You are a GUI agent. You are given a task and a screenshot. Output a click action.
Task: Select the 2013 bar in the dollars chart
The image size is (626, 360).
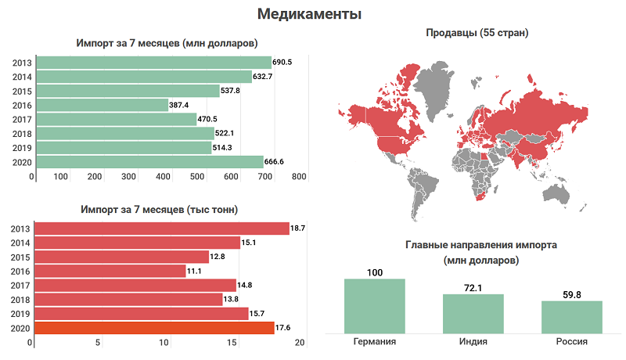(x=153, y=62)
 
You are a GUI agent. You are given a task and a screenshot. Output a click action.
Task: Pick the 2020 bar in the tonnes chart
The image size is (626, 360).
(x=152, y=328)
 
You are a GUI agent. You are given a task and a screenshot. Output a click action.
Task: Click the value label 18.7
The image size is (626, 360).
(x=297, y=229)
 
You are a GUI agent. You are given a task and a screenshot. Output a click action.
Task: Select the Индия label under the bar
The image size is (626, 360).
(x=473, y=342)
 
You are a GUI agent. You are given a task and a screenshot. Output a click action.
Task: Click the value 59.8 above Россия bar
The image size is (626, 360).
(x=572, y=294)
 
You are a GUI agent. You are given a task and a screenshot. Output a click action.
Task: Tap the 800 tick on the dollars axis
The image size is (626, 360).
(x=299, y=177)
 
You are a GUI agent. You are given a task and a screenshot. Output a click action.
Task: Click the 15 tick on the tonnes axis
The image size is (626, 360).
(x=232, y=343)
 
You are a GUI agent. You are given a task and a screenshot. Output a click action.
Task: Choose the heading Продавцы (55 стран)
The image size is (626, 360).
(x=477, y=33)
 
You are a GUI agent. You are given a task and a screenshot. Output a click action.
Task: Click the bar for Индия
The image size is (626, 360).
(x=473, y=313)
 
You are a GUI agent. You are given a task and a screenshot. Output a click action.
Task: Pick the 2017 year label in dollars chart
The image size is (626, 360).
(x=22, y=120)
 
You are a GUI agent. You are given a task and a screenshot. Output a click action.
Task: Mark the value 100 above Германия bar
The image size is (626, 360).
(x=375, y=272)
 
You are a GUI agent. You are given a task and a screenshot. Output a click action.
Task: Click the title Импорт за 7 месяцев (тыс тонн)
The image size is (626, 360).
(x=160, y=210)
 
